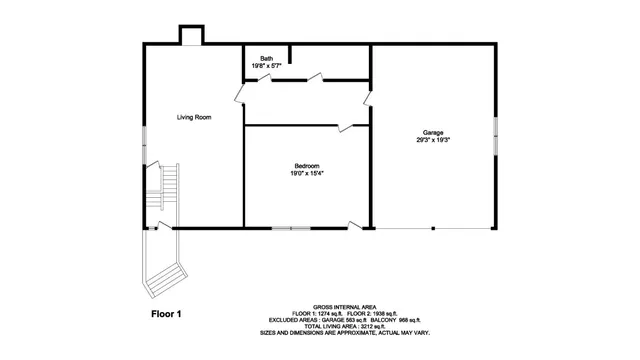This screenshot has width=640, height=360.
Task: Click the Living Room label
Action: tap(194, 117)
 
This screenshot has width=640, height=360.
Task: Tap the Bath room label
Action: tap(266, 59)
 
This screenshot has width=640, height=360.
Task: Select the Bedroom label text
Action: tap(306, 165)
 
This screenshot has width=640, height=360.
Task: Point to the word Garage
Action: tap(433, 132)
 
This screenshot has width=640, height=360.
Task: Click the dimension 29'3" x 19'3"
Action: tap(433, 140)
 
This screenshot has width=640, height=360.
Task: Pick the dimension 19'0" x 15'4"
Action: tap(306, 173)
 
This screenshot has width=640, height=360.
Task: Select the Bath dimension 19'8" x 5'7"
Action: tap(266, 66)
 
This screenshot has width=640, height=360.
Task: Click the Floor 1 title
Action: tap(166, 314)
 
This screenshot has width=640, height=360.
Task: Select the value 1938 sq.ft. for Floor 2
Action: tap(371, 314)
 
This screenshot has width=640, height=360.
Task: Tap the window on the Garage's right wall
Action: tap(495, 135)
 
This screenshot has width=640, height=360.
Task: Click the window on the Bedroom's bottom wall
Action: tap(291, 228)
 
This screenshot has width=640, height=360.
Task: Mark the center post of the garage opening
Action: tap(433, 228)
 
